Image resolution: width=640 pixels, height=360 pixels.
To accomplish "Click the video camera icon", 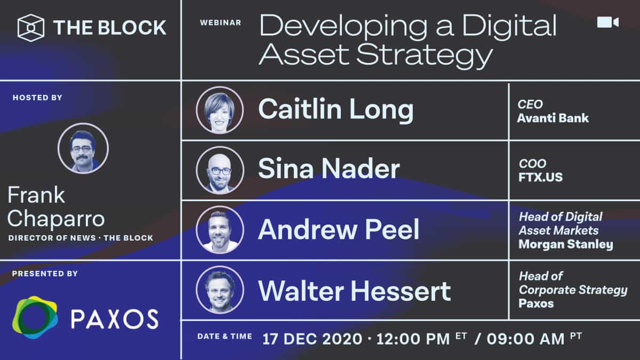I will [607, 22].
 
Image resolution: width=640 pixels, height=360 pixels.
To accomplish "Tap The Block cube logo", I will [30, 28].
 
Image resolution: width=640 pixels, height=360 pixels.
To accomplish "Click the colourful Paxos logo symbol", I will [35, 318].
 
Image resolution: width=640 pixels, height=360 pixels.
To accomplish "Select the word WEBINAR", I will [221, 22].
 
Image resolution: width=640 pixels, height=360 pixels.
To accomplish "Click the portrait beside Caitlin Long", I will [220, 110].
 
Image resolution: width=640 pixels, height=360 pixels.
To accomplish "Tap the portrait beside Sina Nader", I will [220, 170].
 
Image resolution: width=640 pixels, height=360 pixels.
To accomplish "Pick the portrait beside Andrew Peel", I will [220, 230].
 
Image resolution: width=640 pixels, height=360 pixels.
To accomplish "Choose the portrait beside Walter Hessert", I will [220, 290].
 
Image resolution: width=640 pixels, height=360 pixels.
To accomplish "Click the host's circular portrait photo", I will [83, 148].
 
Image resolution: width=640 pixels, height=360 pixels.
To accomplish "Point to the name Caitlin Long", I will [335, 110].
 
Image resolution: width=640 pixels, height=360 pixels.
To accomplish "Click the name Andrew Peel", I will [338, 230].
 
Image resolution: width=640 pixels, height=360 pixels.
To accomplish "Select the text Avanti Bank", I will [553, 118].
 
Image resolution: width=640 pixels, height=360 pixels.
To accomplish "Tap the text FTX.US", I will [540, 177].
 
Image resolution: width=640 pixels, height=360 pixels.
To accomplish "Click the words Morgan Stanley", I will [565, 245].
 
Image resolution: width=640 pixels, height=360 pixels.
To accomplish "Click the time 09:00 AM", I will [517, 339].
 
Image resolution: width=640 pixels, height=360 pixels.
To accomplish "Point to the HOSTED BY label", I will [37, 98].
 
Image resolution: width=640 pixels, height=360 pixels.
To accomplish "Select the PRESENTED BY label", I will [45, 274].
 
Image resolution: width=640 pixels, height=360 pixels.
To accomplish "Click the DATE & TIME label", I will [225, 337].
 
